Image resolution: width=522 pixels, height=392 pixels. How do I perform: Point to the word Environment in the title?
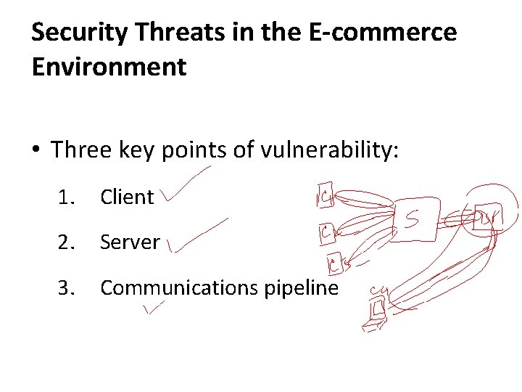(109, 67)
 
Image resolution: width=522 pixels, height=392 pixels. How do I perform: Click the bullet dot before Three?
(36, 151)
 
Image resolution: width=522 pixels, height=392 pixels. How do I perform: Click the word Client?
(127, 197)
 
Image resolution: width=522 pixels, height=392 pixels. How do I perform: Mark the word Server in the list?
(130, 242)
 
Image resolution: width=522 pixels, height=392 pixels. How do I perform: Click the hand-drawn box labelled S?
(414, 216)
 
